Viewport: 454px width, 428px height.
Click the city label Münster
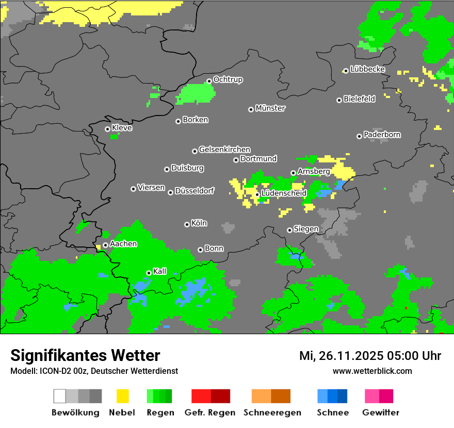[x=270, y=108]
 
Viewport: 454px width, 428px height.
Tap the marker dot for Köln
[x=187, y=224]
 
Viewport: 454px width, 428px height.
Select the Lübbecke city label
[x=367, y=69]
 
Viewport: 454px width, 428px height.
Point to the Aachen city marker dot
[x=105, y=245]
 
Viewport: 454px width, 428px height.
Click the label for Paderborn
[x=382, y=135]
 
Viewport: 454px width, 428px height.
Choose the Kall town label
[x=160, y=271]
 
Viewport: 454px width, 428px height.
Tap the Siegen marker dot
[x=289, y=230]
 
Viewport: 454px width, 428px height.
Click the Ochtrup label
[x=228, y=79]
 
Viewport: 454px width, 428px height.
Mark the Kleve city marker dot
[x=107, y=129]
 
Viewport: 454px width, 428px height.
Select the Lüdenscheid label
[x=284, y=193]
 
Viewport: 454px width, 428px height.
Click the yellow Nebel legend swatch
[x=122, y=396]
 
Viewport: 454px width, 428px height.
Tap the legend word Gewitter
[x=380, y=413]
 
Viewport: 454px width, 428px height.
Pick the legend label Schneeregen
[x=272, y=413]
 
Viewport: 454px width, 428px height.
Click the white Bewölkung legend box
[x=60, y=396]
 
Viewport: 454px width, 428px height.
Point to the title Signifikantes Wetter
[x=85, y=355]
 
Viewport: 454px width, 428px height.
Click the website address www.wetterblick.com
[x=372, y=371]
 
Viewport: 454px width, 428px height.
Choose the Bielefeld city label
[x=359, y=98]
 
